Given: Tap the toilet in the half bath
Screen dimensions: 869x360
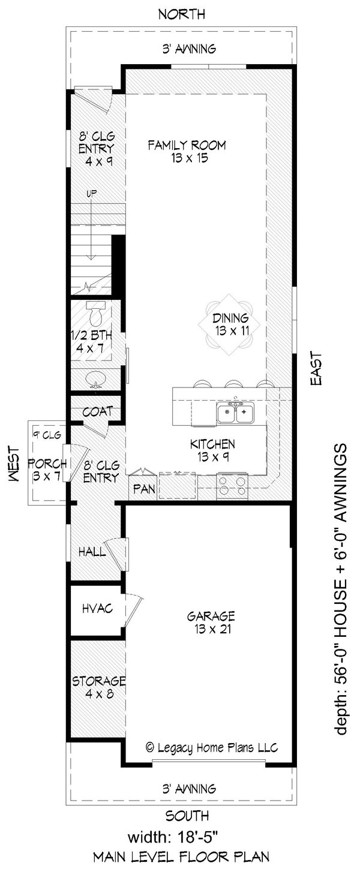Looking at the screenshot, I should click(95, 313).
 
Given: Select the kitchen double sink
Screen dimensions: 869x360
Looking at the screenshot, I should click(235, 413).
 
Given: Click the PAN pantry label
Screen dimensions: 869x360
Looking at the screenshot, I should click(144, 489).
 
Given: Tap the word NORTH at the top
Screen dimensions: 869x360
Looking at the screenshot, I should click(181, 13).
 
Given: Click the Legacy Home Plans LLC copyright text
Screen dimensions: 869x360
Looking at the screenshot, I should click(211, 747).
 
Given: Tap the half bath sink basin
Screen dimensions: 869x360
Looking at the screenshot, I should click(95, 379).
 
